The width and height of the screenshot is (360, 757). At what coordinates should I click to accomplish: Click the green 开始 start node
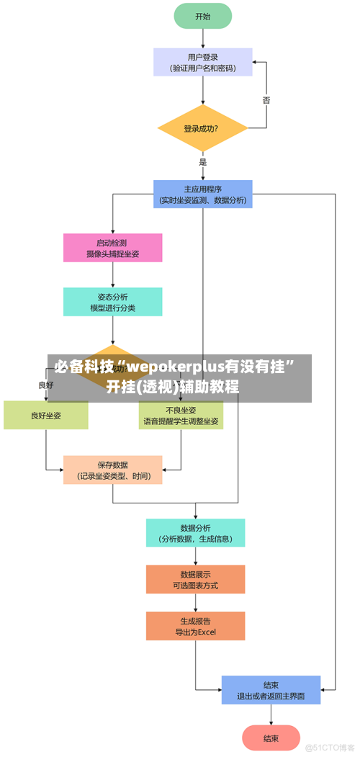pyautogui.click(x=202, y=16)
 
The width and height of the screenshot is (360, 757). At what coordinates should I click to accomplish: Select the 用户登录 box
pyautogui.click(x=202, y=62)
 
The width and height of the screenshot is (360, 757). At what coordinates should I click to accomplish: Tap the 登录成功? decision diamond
pyautogui.click(x=202, y=129)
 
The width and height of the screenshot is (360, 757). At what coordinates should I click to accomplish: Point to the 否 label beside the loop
pyautogui.click(x=266, y=100)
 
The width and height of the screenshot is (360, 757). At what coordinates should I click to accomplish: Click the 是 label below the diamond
pyautogui.click(x=203, y=162)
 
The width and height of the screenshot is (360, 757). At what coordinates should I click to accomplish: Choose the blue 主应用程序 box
pyautogui.click(x=202, y=194)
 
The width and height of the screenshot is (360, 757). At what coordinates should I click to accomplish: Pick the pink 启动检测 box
pyautogui.click(x=112, y=248)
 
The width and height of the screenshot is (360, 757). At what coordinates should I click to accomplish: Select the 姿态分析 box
pyautogui.click(x=112, y=302)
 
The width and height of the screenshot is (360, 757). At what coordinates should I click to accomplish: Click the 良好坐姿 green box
pyautogui.click(x=45, y=416)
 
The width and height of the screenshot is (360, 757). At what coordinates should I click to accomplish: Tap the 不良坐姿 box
pyautogui.click(x=181, y=416)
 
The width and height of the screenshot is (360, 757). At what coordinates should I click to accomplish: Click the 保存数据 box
pyautogui.click(x=112, y=470)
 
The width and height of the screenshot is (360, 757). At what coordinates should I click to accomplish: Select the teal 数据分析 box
pyautogui.click(x=195, y=533)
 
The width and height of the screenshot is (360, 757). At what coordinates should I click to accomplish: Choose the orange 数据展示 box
pyautogui.click(x=195, y=580)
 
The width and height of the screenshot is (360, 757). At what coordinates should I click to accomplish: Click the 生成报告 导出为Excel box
pyautogui.click(x=195, y=627)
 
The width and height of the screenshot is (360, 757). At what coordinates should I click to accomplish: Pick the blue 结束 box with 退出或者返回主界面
pyautogui.click(x=271, y=690)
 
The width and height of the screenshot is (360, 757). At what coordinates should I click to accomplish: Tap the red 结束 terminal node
pyautogui.click(x=271, y=738)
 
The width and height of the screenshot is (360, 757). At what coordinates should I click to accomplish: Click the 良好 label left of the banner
pyautogui.click(x=45, y=385)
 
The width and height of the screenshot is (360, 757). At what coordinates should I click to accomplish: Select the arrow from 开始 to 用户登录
pyautogui.click(x=202, y=38)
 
